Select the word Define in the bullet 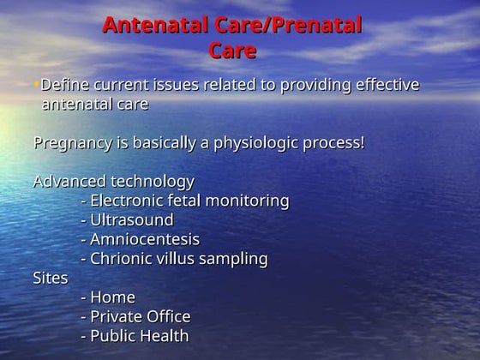tap(64, 86)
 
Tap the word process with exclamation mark tap(334, 142)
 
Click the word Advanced tap(69, 181)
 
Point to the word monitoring tap(243, 201)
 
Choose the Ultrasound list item tap(131, 219)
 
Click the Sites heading tap(50, 278)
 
